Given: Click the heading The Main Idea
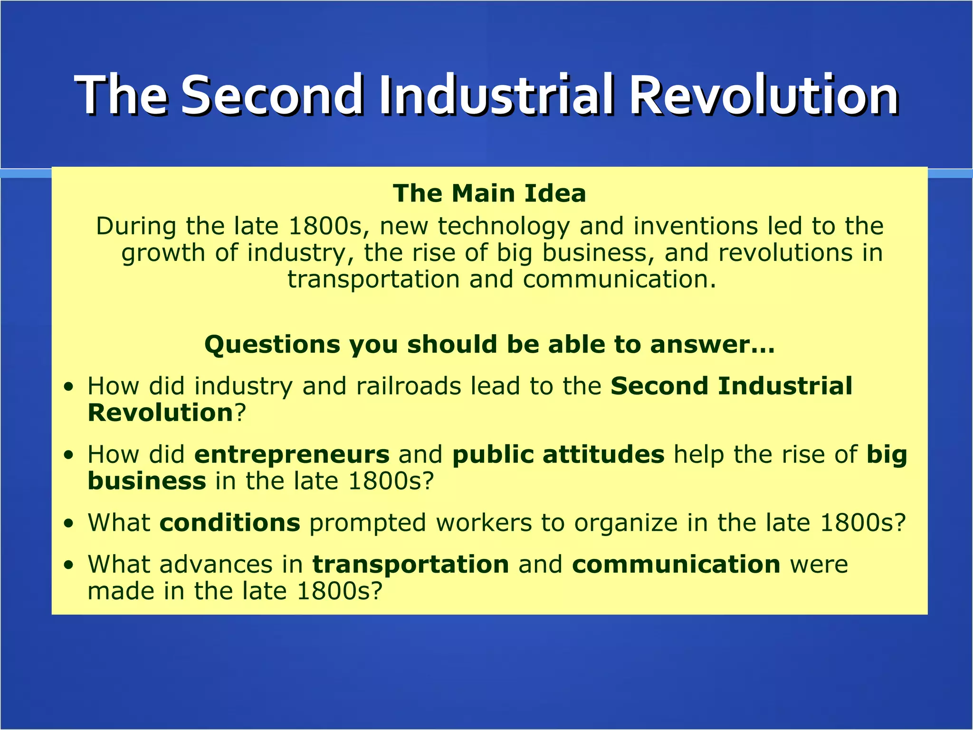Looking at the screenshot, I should [x=489, y=193].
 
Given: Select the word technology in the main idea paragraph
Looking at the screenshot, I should [x=504, y=226].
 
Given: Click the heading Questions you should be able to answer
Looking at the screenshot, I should [x=489, y=344].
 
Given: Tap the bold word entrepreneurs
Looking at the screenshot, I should [x=292, y=454].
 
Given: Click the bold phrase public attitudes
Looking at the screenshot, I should [x=558, y=454].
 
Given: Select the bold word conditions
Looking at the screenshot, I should [x=230, y=523].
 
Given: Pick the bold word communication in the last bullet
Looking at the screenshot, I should [x=676, y=565].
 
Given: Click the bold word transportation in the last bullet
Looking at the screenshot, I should [x=411, y=565].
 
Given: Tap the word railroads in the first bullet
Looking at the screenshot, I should [x=409, y=386].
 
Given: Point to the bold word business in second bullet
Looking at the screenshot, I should [x=147, y=481].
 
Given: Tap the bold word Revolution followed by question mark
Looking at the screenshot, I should [x=160, y=413].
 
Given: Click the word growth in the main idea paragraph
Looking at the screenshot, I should [x=163, y=254].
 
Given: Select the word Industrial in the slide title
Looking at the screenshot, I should [x=496, y=95].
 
